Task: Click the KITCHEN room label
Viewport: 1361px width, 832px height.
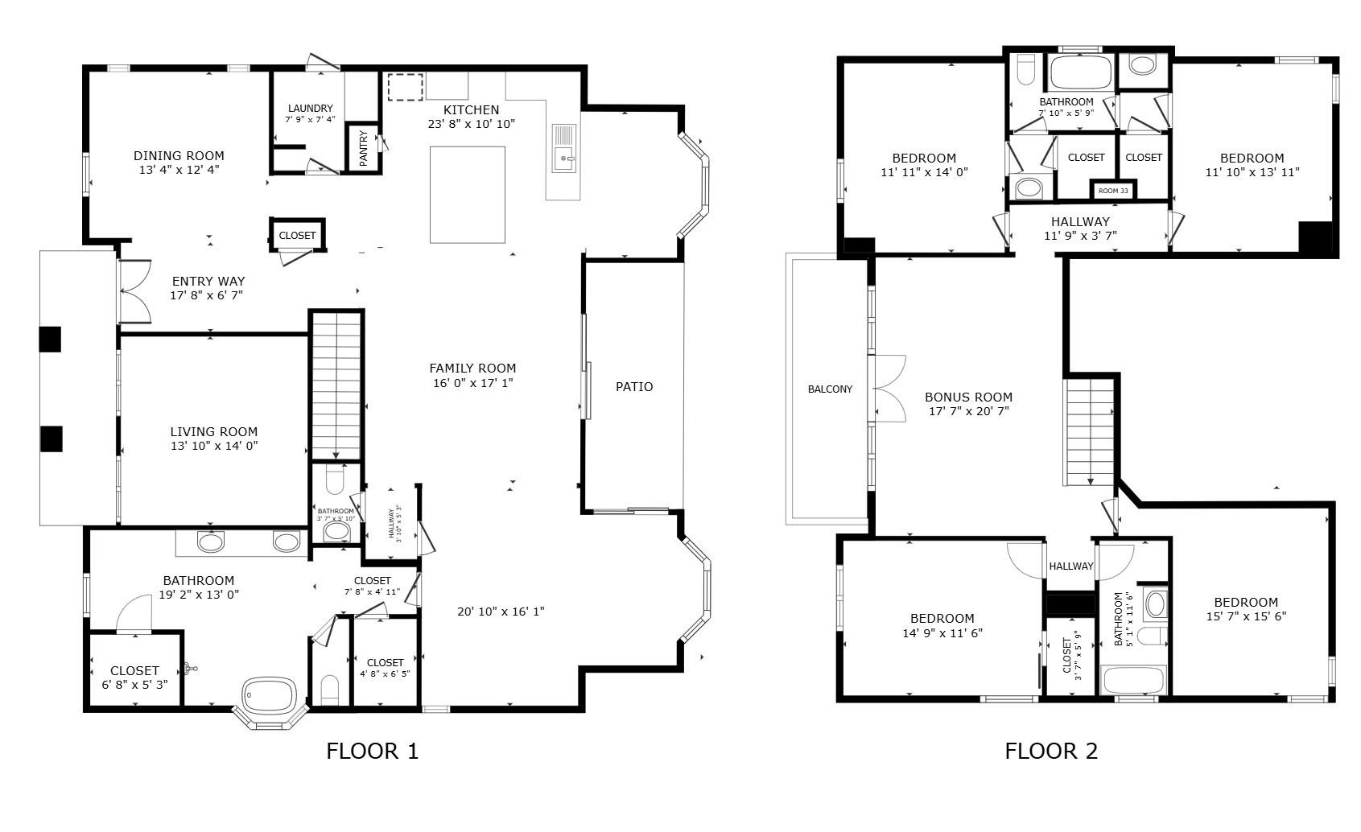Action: pyautogui.click(x=471, y=109)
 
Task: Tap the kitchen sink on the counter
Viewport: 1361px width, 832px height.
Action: pyautogui.click(x=563, y=159)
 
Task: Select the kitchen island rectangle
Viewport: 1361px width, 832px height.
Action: pyautogui.click(x=468, y=194)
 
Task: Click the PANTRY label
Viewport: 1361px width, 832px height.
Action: pyautogui.click(x=363, y=149)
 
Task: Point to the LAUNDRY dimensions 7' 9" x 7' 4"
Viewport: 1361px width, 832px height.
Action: pyautogui.click(x=310, y=119)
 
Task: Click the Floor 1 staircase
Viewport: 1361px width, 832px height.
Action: pyautogui.click(x=336, y=385)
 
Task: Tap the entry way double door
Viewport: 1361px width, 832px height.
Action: pyautogui.click(x=134, y=291)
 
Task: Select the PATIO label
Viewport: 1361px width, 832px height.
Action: pyautogui.click(x=634, y=387)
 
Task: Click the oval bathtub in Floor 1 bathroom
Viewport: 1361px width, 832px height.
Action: pyautogui.click(x=270, y=694)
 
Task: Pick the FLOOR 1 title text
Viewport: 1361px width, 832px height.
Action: pyautogui.click(x=372, y=752)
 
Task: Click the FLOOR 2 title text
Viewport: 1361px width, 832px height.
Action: pyautogui.click(x=1050, y=752)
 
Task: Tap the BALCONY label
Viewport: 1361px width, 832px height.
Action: pyautogui.click(x=830, y=389)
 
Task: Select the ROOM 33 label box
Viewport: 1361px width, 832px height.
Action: pyautogui.click(x=1113, y=191)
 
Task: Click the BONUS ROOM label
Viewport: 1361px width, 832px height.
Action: pyautogui.click(x=968, y=397)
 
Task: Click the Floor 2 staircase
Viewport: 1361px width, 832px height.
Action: pyautogui.click(x=1090, y=432)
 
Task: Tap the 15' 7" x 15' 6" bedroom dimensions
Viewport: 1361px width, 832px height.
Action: pyautogui.click(x=1246, y=616)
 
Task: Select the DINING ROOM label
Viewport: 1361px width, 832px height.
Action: pyautogui.click(x=179, y=155)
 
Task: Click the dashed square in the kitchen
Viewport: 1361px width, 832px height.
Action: pyautogui.click(x=406, y=87)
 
